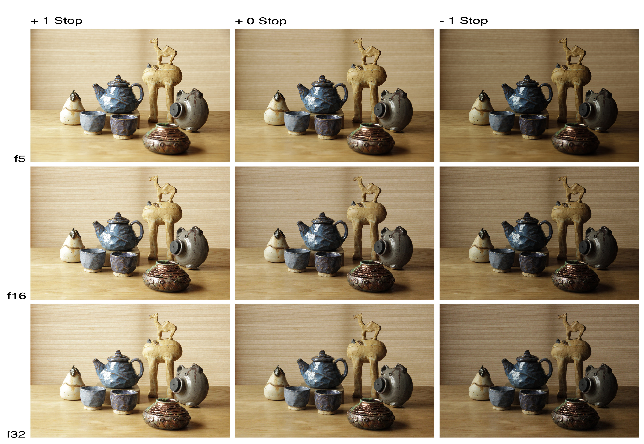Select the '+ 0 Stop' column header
click(261, 21)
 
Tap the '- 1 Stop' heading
click(464, 21)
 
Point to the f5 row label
click(20, 159)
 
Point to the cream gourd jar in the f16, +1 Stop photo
click(72, 245)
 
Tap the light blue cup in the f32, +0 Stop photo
click(297, 398)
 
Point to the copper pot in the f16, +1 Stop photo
click(166, 276)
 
